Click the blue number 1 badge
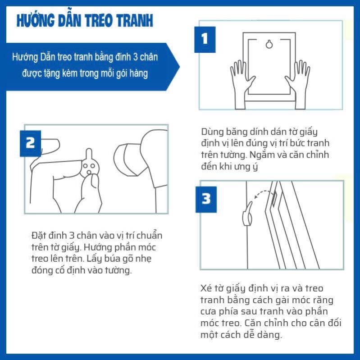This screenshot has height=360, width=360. (205, 39)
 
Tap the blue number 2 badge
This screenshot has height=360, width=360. (30, 142)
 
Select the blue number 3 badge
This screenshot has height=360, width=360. (205, 198)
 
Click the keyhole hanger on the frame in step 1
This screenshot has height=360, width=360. (269, 44)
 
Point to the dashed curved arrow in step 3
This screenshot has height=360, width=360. (264, 194)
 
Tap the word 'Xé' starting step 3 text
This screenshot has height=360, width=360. (205, 288)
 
